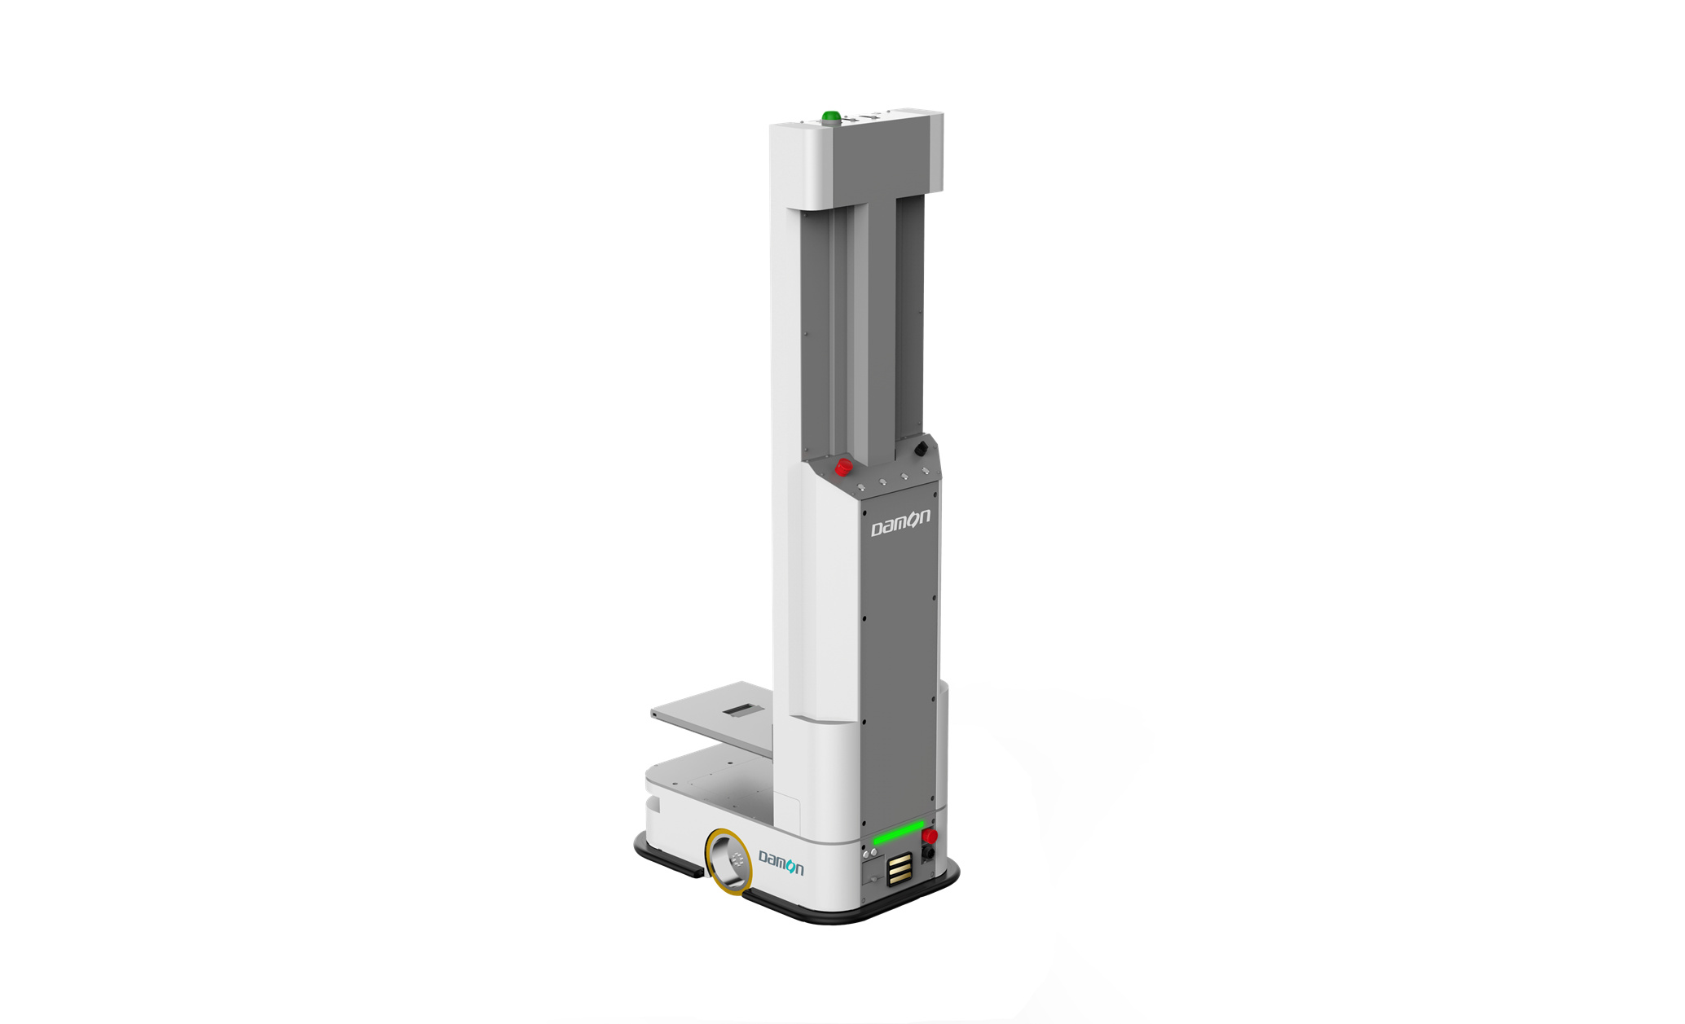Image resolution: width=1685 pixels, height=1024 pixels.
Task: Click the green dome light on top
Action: [x=831, y=117]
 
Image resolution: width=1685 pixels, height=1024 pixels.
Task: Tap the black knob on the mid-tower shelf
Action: [x=921, y=448]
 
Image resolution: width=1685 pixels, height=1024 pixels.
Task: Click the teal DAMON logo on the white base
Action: [x=781, y=863]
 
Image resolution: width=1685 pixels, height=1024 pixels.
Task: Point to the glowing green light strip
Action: [x=899, y=833]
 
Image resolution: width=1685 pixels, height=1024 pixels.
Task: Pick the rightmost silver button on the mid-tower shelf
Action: [x=925, y=471]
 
